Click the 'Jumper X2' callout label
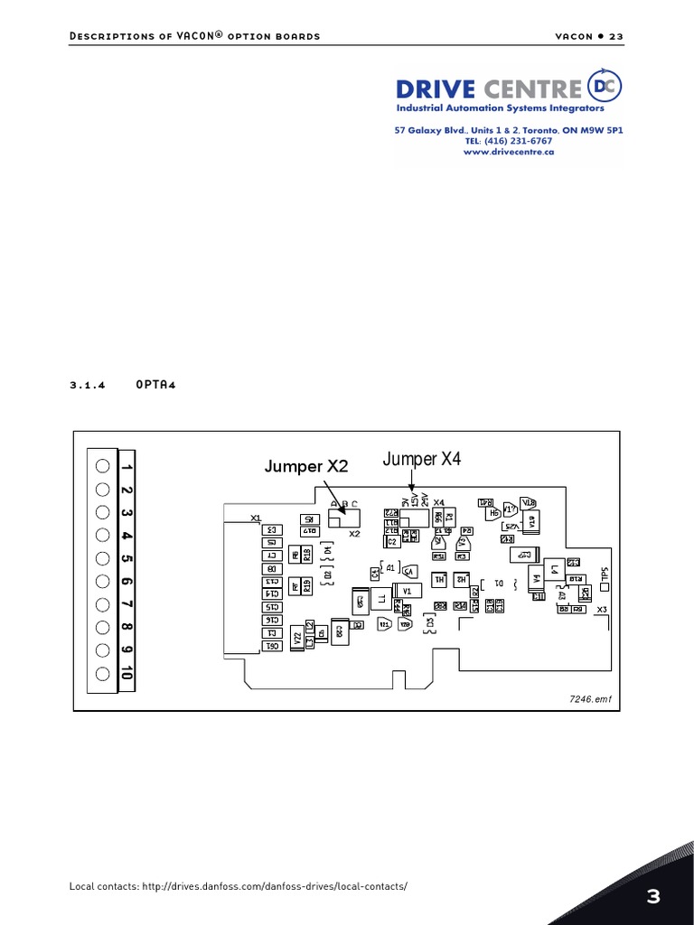[305, 466]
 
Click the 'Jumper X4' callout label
[422, 459]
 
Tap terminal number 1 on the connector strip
[127, 467]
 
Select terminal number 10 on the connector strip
[127, 674]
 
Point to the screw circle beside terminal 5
[102, 558]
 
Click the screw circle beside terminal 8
[102, 628]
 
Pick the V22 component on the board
[295, 638]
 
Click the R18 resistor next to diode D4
[307, 555]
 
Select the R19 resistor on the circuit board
[307, 586]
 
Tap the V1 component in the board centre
[408, 591]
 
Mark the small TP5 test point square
[605, 586]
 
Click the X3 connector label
[603, 610]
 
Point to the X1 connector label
[256, 518]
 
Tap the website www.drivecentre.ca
[509, 152]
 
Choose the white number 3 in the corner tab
[653, 896]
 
